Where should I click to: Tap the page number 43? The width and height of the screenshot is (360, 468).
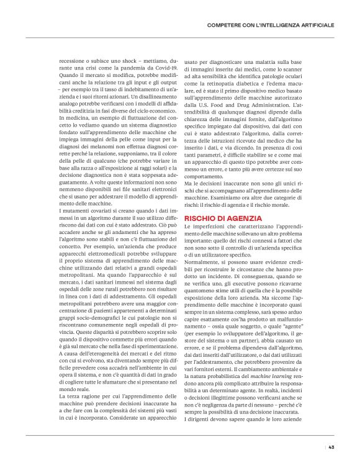coord(332,446)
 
